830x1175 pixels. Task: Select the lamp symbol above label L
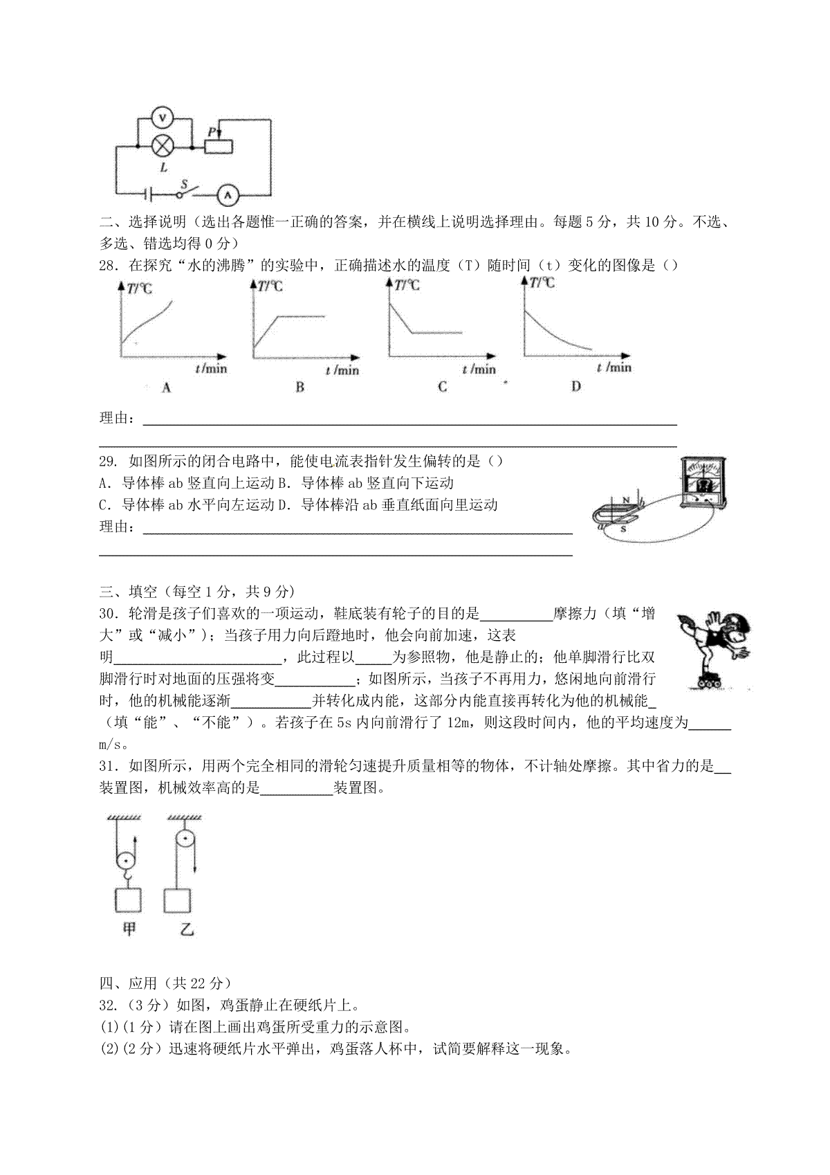[163, 146]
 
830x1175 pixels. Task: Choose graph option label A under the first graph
[166, 388]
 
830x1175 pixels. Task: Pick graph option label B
[299, 388]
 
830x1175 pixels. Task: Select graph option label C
[443, 387]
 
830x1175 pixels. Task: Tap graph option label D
[575, 386]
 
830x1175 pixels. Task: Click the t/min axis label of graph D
[614, 367]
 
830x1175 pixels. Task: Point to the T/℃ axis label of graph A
[136, 289]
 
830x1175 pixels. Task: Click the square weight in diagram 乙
[176, 900]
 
